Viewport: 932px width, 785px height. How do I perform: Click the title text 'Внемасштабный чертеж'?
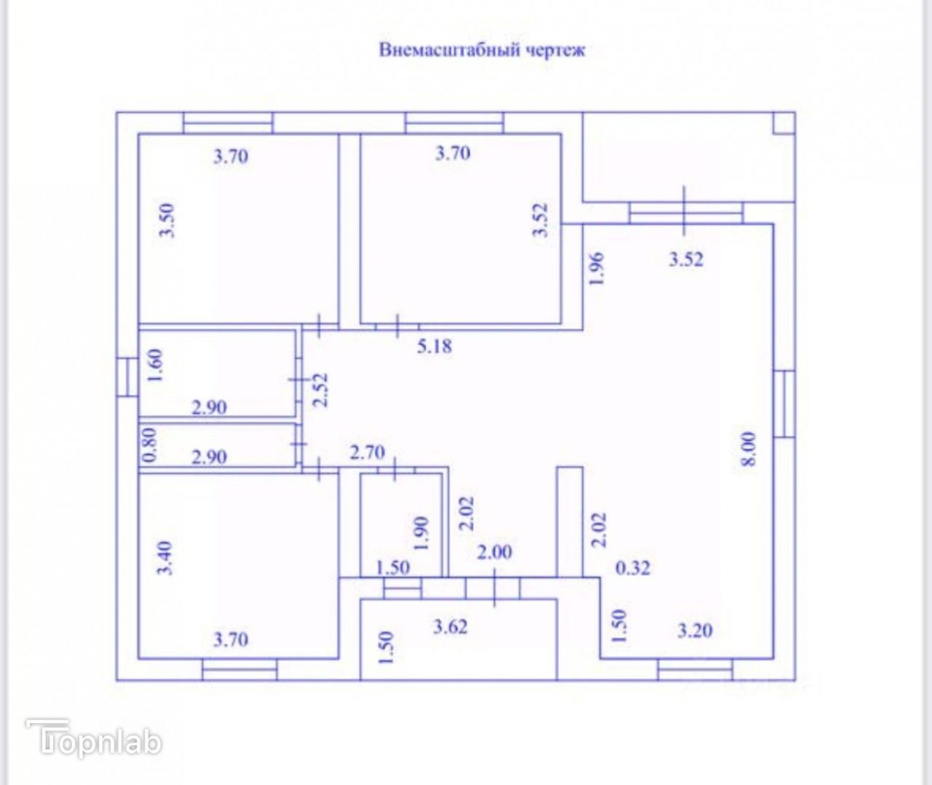[x=481, y=50]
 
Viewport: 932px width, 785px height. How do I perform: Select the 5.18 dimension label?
[x=434, y=346]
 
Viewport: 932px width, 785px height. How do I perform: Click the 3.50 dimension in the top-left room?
[x=168, y=220]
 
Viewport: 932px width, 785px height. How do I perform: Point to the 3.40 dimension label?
[x=166, y=558]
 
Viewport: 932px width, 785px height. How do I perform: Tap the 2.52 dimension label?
[x=320, y=391]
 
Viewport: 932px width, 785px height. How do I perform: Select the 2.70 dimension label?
[x=367, y=453]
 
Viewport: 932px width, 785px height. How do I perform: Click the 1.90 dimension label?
[x=420, y=534]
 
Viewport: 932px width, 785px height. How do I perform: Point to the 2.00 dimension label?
[x=494, y=552]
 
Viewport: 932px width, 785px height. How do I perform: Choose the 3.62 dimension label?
[x=450, y=626]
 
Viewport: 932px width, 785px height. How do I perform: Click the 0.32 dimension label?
[x=633, y=568]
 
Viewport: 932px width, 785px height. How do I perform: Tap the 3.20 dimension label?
[x=695, y=631]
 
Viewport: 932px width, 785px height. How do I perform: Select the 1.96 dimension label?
[x=596, y=268]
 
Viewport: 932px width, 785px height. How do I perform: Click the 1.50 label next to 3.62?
[x=387, y=647]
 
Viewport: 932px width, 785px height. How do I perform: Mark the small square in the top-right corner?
[x=783, y=123]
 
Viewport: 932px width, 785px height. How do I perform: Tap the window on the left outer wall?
[x=127, y=376]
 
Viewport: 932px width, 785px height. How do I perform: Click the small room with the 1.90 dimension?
[x=403, y=524]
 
